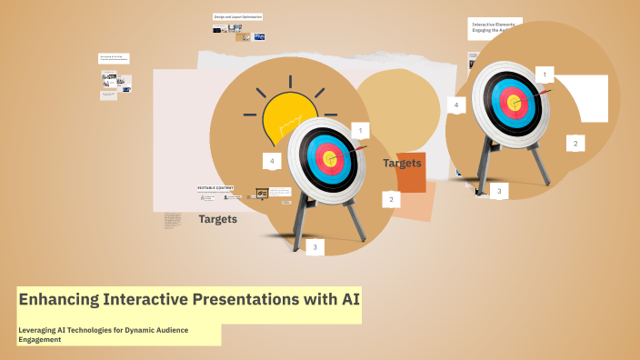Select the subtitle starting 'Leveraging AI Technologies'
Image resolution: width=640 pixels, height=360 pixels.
(x=104, y=335)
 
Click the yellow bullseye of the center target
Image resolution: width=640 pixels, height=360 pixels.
(x=330, y=160)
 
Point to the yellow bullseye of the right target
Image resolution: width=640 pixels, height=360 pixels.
(x=514, y=102)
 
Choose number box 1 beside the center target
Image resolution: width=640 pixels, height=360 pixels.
(x=360, y=131)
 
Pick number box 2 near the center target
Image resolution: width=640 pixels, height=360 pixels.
(x=391, y=199)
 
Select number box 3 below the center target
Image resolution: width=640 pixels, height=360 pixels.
(x=315, y=246)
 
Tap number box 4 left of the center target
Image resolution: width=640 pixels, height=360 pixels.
(x=271, y=161)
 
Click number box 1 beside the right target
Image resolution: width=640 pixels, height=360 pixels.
(x=545, y=74)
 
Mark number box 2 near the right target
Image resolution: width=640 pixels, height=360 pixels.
(x=575, y=143)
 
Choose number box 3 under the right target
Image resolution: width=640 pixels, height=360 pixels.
(x=497, y=191)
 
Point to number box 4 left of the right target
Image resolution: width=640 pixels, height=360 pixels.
(x=456, y=105)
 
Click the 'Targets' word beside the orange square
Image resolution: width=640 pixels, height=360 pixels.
(x=402, y=164)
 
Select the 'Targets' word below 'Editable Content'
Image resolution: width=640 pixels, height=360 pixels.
(x=218, y=219)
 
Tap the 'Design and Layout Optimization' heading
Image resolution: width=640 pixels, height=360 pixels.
(x=237, y=16)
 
